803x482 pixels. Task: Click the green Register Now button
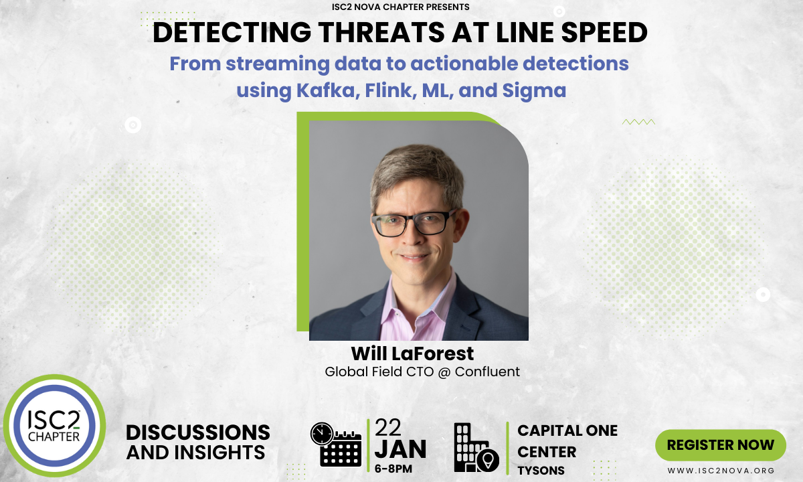(721, 445)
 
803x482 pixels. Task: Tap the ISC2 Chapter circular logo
(54, 426)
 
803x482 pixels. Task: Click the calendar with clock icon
(336, 445)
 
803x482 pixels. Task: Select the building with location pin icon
(476, 447)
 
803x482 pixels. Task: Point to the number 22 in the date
(388, 428)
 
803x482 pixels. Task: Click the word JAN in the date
(400, 449)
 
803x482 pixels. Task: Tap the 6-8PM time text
(393, 469)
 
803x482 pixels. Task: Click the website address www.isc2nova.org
(721, 471)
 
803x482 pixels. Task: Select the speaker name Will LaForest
(412, 353)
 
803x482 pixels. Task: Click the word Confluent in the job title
(487, 372)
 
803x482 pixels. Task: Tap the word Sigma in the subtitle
(534, 91)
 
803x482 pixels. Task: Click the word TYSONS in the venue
(541, 470)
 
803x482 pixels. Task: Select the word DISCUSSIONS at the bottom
(198, 432)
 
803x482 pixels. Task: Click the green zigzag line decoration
(638, 122)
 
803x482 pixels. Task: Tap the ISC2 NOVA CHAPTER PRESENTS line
(400, 7)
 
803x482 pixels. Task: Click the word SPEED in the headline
(604, 32)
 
